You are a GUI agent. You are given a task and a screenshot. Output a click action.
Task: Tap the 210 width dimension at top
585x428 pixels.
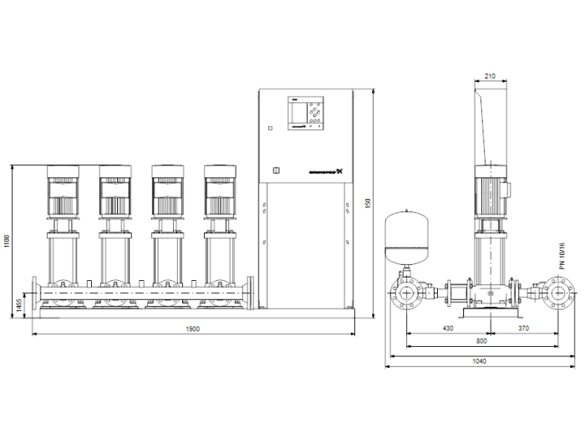[x=490, y=77]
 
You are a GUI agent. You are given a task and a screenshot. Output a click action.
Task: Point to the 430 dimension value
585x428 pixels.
[x=448, y=329]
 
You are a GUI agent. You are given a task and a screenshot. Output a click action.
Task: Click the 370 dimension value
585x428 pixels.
[x=523, y=329]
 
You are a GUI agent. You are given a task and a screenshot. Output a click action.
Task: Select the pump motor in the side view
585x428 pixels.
[x=491, y=191]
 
